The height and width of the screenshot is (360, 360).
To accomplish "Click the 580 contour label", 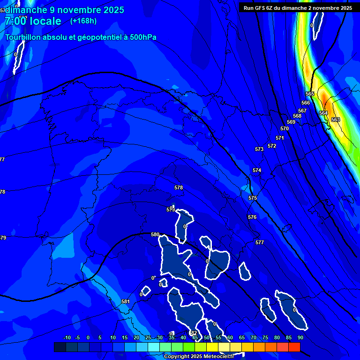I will (155, 234).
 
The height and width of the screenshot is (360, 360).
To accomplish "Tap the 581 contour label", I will (125, 301).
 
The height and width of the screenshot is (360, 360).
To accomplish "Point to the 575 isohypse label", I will (253, 198).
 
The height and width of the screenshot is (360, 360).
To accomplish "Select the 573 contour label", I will (259, 149).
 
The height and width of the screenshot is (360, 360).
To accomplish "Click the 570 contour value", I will (285, 128).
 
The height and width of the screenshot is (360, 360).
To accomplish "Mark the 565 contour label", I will (310, 94).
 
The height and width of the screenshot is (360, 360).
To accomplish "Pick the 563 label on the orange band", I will (336, 120).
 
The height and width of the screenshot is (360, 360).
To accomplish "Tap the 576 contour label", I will (252, 217).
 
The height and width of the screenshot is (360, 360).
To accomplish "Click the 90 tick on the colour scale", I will (300, 337).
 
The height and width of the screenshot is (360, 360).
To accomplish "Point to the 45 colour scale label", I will (195, 337).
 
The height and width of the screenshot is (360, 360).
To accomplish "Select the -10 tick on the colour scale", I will (67, 337).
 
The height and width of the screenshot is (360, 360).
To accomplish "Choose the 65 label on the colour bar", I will (241, 337).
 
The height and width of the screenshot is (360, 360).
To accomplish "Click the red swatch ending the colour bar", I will (294, 347).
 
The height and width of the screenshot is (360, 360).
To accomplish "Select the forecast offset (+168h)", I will (83, 21).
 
